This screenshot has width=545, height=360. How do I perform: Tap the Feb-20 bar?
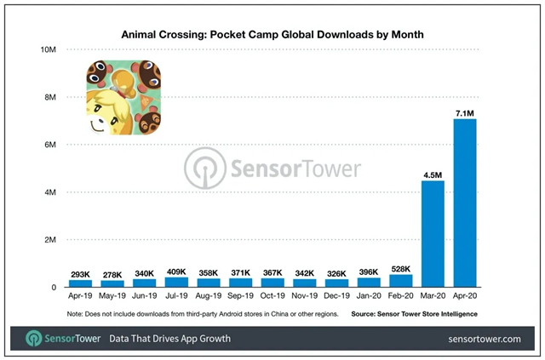(400, 281)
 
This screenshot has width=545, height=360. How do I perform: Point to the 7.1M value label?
(465, 111)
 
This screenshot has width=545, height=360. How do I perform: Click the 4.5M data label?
(433, 174)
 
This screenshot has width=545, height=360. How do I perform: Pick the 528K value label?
(400, 268)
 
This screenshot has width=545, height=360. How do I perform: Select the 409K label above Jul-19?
(177, 271)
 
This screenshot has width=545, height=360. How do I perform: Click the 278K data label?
(112, 275)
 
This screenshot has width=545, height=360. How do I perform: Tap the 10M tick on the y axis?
(47, 50)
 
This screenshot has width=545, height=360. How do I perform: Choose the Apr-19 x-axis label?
(80, 298)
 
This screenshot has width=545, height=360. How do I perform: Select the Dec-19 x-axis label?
(336, 298)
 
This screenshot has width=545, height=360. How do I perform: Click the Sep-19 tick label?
(240, 298)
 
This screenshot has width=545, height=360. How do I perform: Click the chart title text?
(272, 35)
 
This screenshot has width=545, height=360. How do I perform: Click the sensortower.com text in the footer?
(483, 339)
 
